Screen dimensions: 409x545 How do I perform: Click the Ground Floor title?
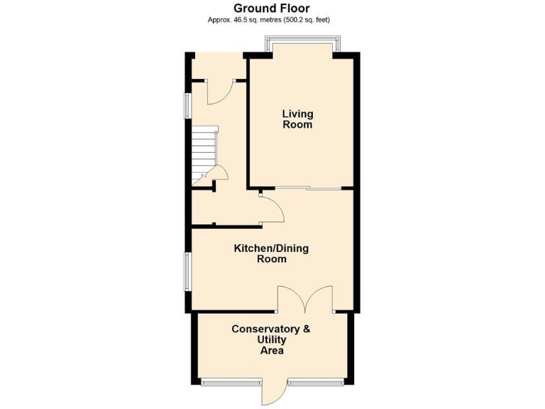pos(271,9)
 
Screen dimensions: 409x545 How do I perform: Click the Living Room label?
pos(297,119)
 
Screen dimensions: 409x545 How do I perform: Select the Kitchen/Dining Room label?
pos(272,253)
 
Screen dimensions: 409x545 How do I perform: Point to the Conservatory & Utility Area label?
pos(271,339)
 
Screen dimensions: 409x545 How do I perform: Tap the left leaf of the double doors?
pos(292,298)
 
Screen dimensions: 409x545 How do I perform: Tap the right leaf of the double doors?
pos(319,298)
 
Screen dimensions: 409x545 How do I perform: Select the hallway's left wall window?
pos(187,104)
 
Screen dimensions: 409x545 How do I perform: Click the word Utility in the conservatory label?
pos(271,340)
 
